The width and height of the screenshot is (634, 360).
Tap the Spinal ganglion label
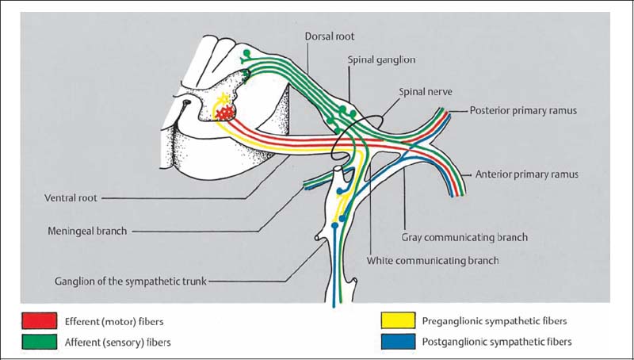click(x=380, y=59)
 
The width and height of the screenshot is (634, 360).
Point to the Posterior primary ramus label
click(x=522, y=110)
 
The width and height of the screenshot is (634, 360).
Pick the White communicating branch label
click(x=433, y=259)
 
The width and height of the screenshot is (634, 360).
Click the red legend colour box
click(x=40, y=321)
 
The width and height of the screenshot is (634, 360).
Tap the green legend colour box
click(x=40, y=342)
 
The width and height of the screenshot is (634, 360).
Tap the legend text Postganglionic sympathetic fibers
click(x=497, y=342)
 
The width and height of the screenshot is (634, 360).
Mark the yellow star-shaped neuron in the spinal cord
click(x=223, y=99)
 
